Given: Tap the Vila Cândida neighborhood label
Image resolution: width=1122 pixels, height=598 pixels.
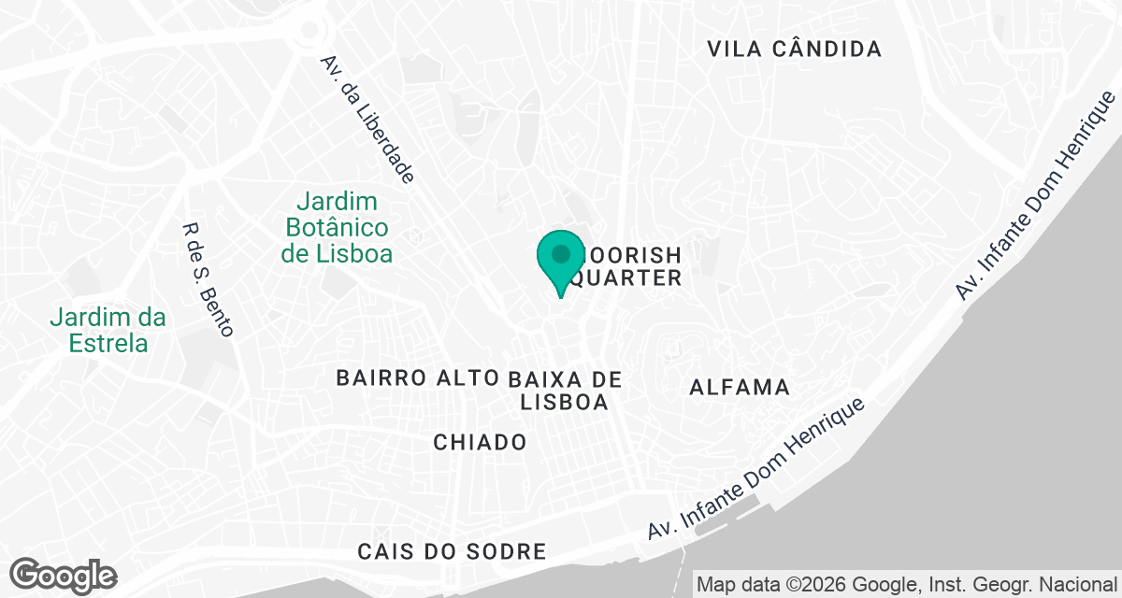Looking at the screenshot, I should (x=794, y=50).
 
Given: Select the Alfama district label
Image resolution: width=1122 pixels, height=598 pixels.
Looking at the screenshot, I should (x=739, y=387).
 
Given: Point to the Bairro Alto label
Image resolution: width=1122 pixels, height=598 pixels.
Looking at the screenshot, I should (x=416, y=378).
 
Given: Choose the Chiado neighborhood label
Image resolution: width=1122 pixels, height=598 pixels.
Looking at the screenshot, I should (x=480, y=442).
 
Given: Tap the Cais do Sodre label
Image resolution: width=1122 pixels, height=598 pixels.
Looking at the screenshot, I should (x=452, y=552).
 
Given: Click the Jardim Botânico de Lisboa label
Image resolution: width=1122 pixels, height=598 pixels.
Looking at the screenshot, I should (x=338, y=228).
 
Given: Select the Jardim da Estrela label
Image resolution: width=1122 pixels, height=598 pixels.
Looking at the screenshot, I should (x=108, y=330).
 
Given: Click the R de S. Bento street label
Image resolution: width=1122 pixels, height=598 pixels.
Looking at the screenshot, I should (x=209, y=278).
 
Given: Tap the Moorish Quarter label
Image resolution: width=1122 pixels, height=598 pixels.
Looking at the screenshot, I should (x=626, y=266).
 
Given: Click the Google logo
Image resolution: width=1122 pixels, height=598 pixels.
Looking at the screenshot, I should (x=64, y=575).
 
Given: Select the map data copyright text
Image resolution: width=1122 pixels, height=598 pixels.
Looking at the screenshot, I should (x=907, y=585).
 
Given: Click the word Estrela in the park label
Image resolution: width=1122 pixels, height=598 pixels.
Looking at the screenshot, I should (x=108, y=343).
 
